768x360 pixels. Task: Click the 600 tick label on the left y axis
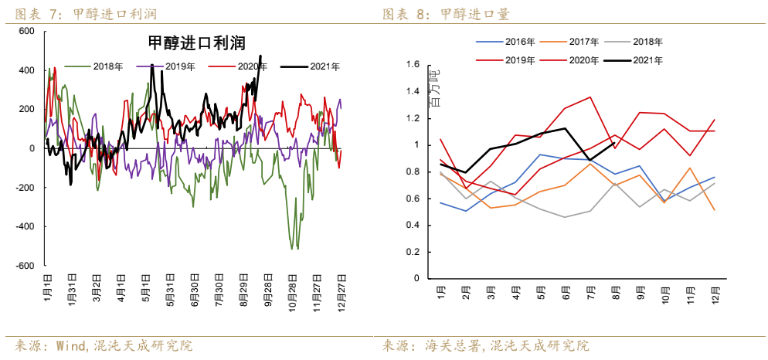tap(26, 31)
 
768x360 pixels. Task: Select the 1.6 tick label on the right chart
tap(412, 65)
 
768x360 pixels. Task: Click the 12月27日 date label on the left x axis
tap(341, 289)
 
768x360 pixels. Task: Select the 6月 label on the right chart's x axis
tap(566, 293)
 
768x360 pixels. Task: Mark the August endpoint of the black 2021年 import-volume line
tap(613, 143)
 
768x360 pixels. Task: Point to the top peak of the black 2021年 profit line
tap(260, 56)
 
